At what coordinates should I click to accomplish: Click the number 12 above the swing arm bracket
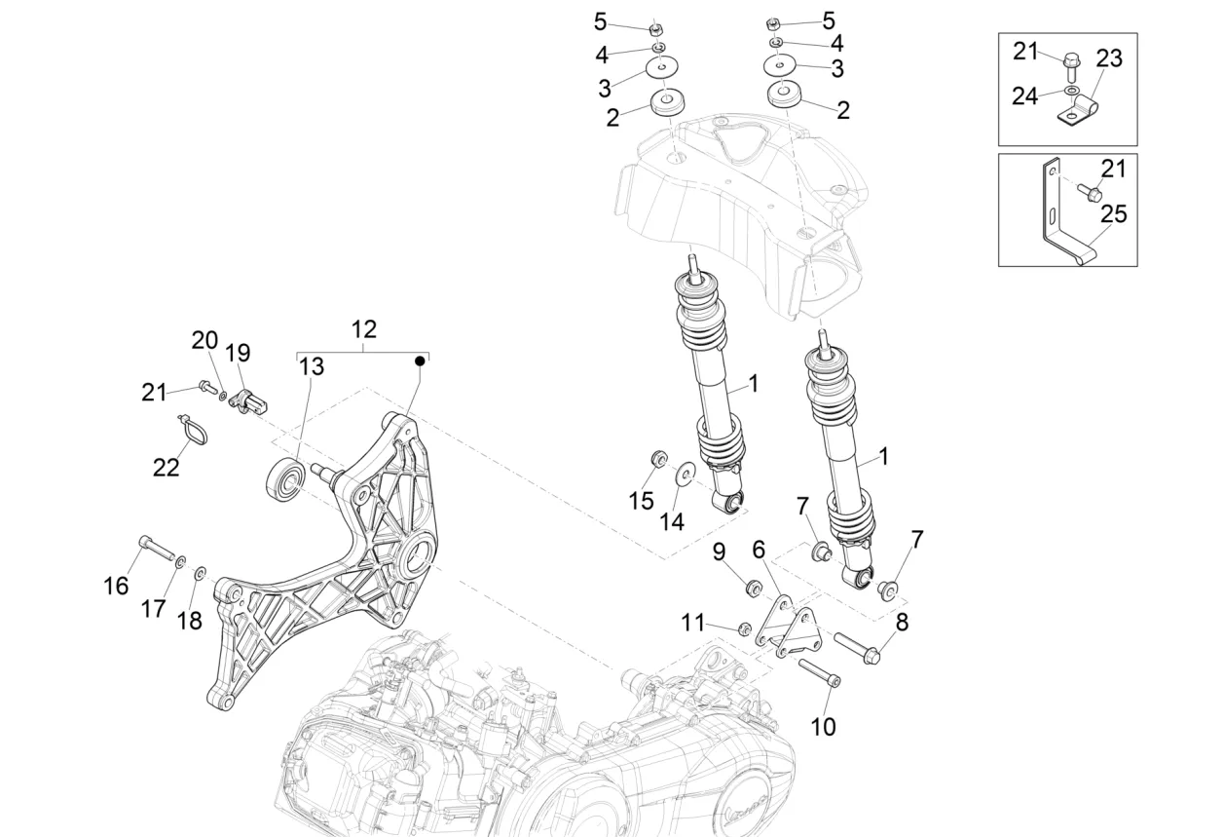(363, 328)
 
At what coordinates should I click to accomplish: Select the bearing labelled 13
(286, 476)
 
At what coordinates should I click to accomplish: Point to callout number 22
(167, 468)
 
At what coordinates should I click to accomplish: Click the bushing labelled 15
(658, 458)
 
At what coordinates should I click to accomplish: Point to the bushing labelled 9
(753, 589)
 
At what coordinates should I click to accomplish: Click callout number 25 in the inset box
(1112, 213)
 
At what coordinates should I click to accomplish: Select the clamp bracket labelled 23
(1079, 113)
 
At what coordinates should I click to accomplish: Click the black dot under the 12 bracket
(421, 361)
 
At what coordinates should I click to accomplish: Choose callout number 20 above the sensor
(204, 340)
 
